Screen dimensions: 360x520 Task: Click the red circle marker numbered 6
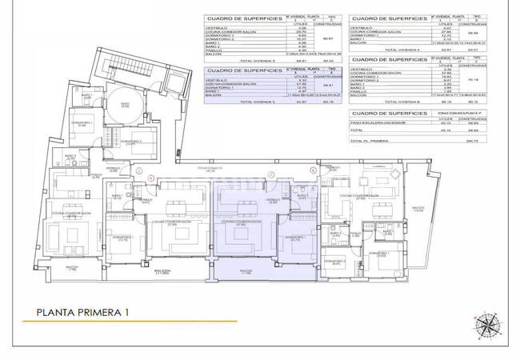[311, 170]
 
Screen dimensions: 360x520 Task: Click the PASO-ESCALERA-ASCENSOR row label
[386, 122]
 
